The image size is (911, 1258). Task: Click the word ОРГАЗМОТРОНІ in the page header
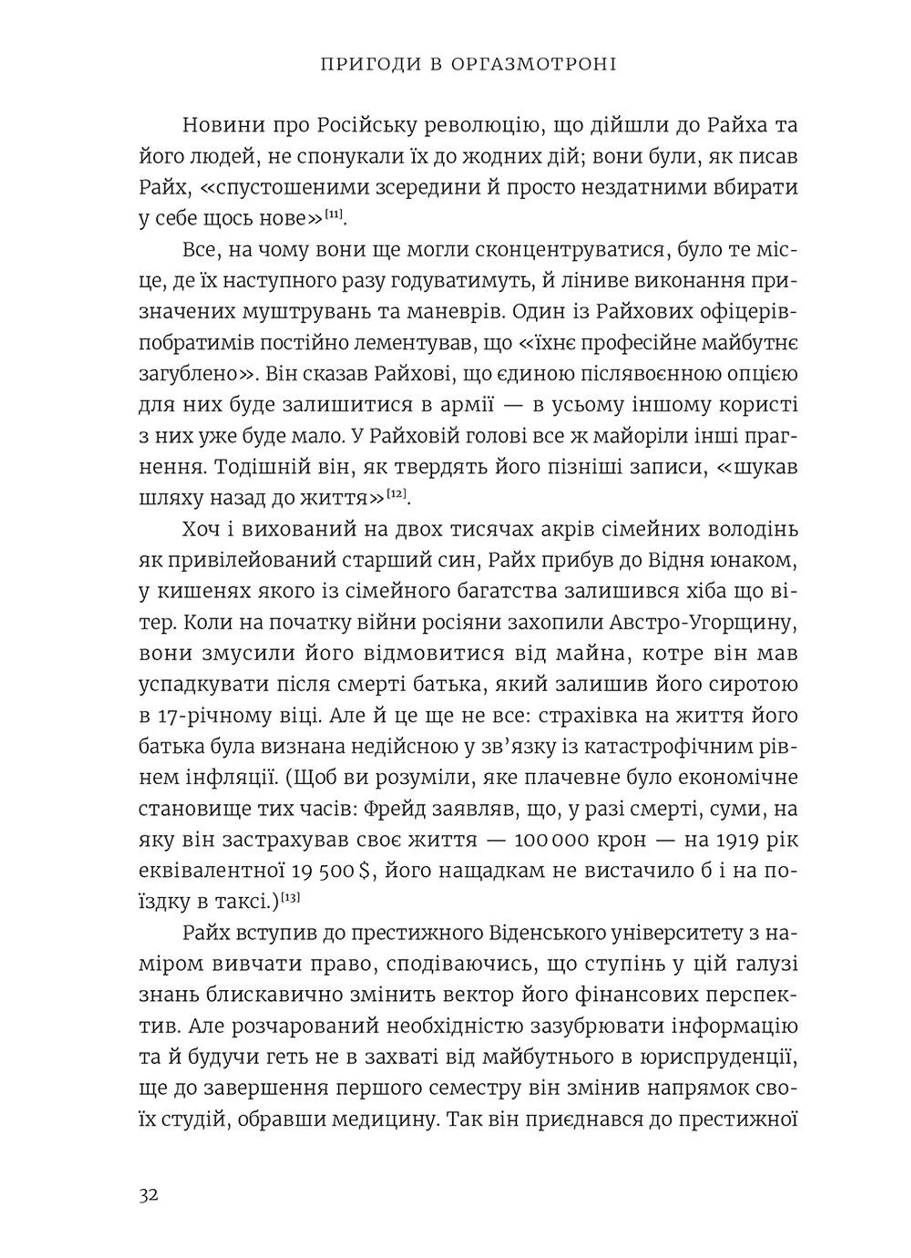[x=533, y=65]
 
